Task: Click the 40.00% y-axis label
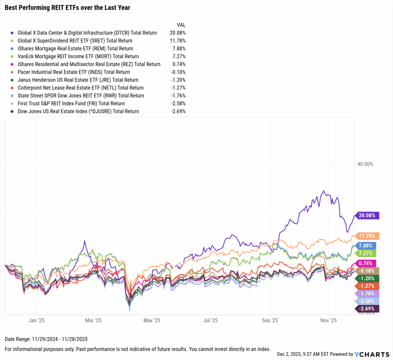365,164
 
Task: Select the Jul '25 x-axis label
211,320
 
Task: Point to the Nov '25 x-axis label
329,320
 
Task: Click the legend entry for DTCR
87,33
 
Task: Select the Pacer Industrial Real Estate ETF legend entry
74,72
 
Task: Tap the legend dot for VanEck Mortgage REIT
13,56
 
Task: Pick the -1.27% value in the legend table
178,88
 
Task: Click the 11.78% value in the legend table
178,41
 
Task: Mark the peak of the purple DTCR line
324,191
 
